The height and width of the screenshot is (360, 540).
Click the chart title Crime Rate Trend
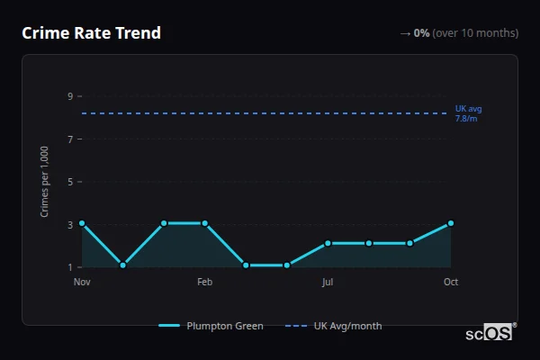point(91,33)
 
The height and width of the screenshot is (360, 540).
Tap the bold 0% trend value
point(421,33)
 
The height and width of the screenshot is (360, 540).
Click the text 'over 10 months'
point(475,33)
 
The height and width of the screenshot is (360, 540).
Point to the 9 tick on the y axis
point(70,96)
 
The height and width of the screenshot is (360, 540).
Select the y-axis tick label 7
point(70,139)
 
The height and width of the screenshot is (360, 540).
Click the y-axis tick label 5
point(70,182)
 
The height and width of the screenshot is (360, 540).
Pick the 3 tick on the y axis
point(70,225)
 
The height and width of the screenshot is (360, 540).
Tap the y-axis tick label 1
point(70,267)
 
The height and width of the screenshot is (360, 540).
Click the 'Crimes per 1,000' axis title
point(45,181)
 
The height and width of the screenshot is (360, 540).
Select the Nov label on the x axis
point(82,282)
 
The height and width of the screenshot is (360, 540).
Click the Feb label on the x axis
point(204,282)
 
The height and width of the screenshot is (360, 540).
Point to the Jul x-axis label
point(328,282)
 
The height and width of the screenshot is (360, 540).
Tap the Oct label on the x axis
point(451,282)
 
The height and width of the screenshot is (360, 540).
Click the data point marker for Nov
point(82,223)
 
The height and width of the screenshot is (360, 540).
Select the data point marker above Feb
point(204,223)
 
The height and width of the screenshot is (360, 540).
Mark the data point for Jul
point(328,243)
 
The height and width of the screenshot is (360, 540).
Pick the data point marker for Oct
point(451,223)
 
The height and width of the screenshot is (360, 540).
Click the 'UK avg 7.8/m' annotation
point(468,113)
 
